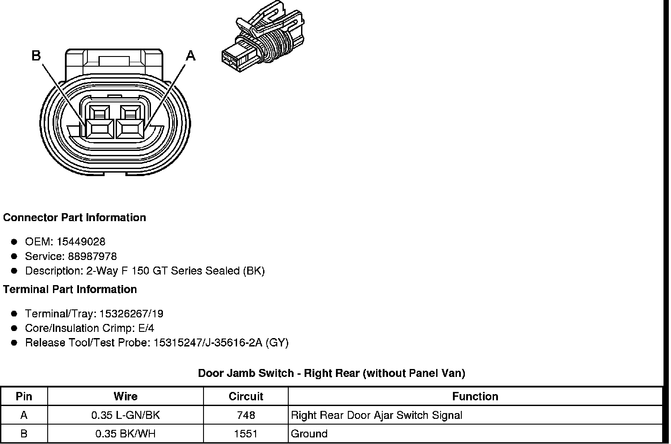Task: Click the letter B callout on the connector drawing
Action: pos(36,56)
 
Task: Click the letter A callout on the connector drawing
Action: pos(190,56)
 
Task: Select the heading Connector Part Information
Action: pos(75,218)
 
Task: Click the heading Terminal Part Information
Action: pos(70,290)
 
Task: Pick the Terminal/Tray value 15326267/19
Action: pos(131,314)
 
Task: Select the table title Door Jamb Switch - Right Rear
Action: pos(332,373)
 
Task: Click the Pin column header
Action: pos(24,396)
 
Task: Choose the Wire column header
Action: pos(125,396)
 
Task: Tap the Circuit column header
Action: pos(246,396)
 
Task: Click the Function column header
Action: pos(475,396)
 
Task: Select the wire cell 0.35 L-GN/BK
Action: pos(125,415)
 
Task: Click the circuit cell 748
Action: pos(246,415)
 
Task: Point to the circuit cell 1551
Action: pos(246,434)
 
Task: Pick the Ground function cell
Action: pos(309,434)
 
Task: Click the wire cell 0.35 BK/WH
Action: pos(125,434)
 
